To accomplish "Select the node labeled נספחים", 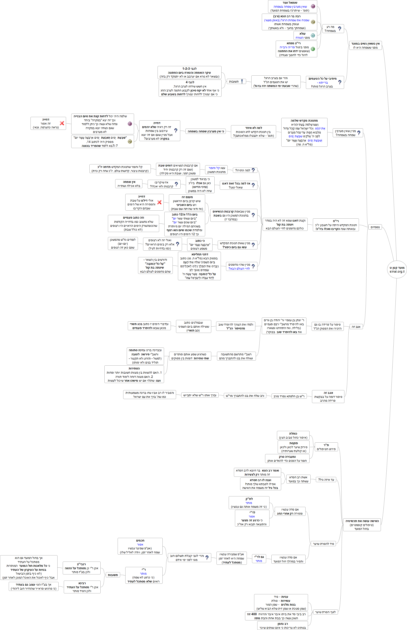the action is click(375, 227).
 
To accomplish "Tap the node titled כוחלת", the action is click(293, 435).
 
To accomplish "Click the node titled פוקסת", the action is click(293, 447).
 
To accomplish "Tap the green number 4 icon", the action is click(313, 49).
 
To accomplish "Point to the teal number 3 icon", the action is click(313, 35).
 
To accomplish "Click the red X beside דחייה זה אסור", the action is click(62, 123).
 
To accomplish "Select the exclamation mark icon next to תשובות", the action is click(242, 82).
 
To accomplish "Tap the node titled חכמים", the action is click(140, 546).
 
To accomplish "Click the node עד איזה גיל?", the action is click(326, 480).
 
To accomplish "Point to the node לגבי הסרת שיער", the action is click(325, 612).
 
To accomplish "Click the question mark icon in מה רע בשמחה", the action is click(340, 29).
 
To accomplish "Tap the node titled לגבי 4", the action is click(190, 88).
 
